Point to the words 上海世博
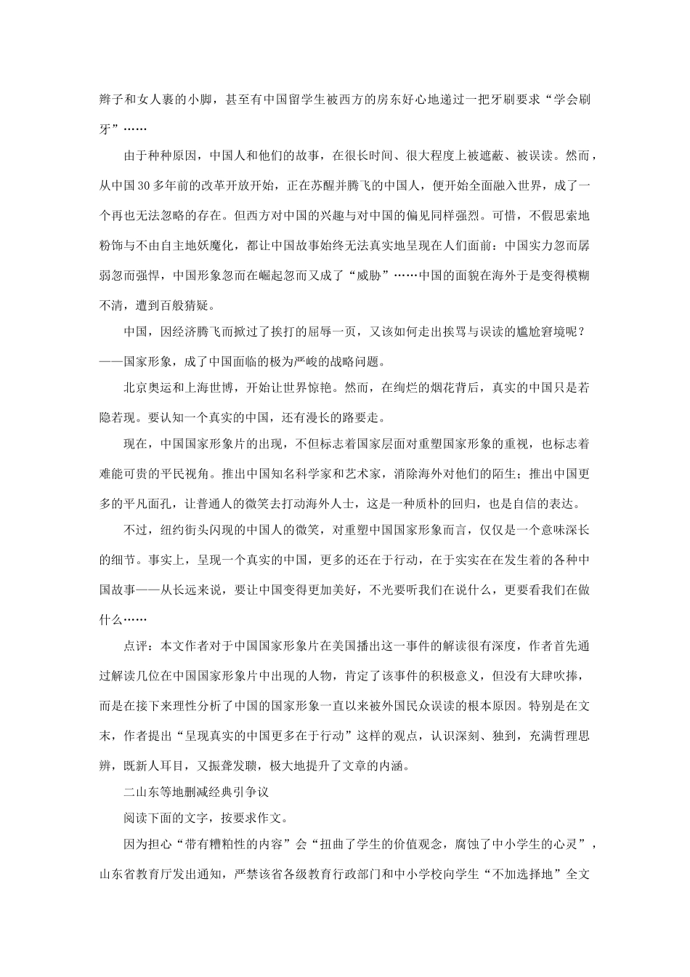tap(222, 388)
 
